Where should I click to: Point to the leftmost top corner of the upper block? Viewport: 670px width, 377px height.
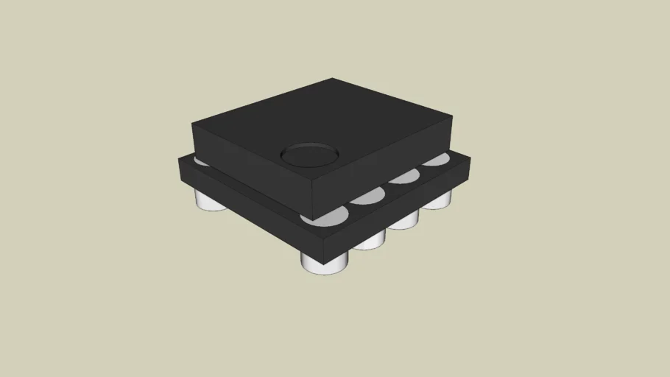192,123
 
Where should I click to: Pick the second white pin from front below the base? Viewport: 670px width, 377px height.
369,239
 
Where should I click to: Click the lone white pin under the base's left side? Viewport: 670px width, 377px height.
212,200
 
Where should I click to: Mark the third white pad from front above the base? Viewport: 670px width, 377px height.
404,176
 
